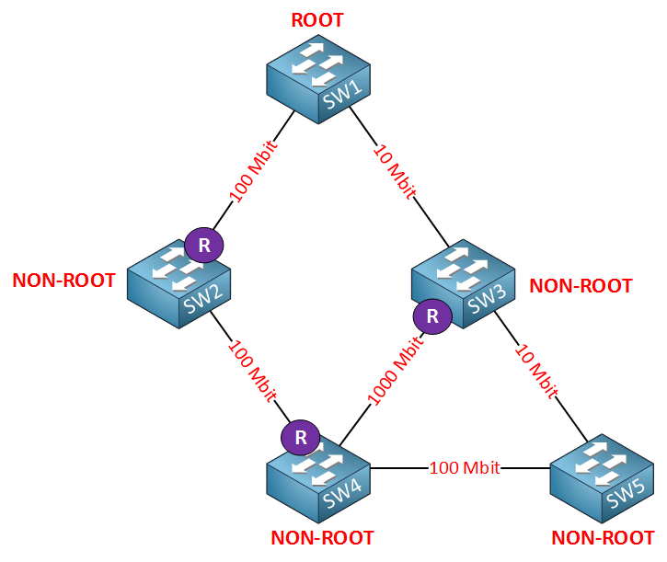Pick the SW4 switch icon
tap(317, 478)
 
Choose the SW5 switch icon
tap(602, 479)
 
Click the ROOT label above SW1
tap(317, 19)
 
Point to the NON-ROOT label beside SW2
tap(63, 281)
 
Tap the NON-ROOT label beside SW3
tap(581, 286)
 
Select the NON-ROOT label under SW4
tap(322, 537)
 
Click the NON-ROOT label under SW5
tap(603, 537)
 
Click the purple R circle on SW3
tap(431, 316)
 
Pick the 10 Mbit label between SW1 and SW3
tap(395, 172)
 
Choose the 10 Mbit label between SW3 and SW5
tap(536, 371)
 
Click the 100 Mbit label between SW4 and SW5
tap(464, 468)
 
